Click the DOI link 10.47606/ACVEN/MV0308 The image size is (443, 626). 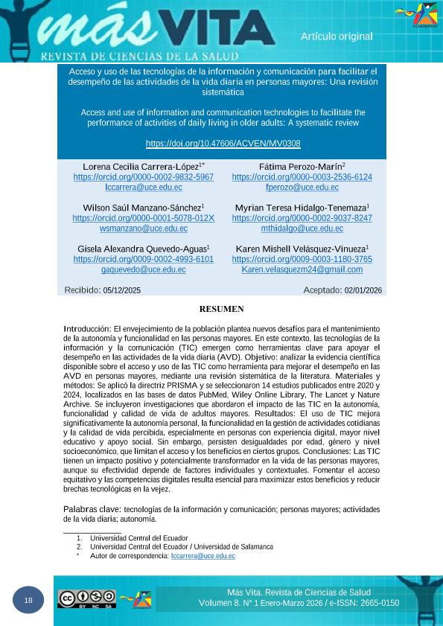point(223,144)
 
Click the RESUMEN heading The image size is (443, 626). point(222,309)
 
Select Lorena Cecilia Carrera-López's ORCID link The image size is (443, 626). point(143,178)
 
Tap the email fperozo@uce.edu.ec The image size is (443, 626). point(302,188)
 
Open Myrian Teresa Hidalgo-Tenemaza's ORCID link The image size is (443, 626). point(302,219)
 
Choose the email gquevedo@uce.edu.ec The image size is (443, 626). point(143,269)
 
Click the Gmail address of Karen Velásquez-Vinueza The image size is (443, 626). point(302,269)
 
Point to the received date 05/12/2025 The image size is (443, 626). point(122,291)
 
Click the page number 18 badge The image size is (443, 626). point(28,601)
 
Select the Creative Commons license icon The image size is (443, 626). point(87,598)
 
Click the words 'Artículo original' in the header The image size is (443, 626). point(337,36)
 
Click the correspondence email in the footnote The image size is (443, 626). point(203,556)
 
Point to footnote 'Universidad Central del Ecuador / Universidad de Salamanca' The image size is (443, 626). point(181,547)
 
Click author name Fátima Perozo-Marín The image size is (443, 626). point(301,167)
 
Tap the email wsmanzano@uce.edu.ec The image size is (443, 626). point(143,229)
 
